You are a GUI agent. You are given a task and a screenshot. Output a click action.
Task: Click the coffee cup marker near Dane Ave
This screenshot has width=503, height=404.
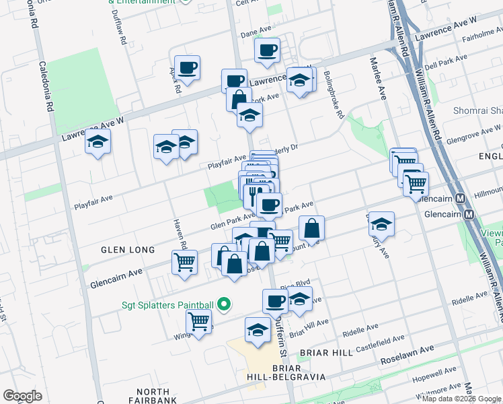pos(267,49)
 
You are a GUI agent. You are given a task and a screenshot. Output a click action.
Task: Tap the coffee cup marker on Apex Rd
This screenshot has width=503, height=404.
pos(188,67)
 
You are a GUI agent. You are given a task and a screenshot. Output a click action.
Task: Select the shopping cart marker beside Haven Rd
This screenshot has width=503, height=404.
pos(184,263)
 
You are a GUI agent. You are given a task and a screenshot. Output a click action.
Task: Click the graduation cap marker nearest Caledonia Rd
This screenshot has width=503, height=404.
pos(98,142)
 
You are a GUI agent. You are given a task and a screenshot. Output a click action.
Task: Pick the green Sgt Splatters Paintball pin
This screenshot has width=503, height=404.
pos(225,305)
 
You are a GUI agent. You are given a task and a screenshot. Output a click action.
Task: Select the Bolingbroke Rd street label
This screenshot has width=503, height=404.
pos(334,95)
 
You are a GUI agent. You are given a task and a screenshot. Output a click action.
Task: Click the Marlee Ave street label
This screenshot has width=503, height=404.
pos(376,77)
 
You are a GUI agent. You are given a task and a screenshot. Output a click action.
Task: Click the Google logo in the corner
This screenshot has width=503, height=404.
pos(22,396)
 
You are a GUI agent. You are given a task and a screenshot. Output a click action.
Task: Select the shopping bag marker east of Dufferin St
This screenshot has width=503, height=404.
pos(312,228)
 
